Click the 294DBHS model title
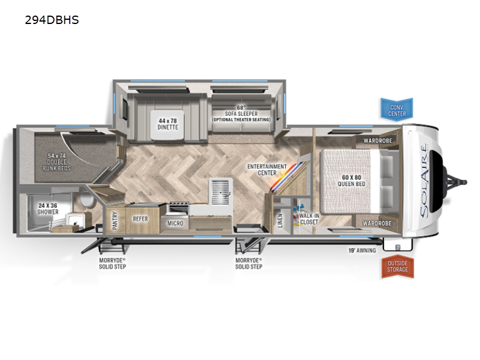point(52,20)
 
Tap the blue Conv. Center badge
point(397,110)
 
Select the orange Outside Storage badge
point(397,266)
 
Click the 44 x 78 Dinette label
point(168,124)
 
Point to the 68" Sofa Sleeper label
point(241,113)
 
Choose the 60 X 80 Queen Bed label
point(352,181)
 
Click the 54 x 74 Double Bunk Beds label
point(56,162)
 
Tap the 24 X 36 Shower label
point(48,208)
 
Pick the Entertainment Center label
point(267,170)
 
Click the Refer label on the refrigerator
point(140,219)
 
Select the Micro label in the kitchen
point(175,223)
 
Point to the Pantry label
point(115,220)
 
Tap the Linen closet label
point(280,220)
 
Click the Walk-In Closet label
point(309,219)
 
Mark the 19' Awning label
point(362,250)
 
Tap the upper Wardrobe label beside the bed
point(378,140)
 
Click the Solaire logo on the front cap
point(424,181)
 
